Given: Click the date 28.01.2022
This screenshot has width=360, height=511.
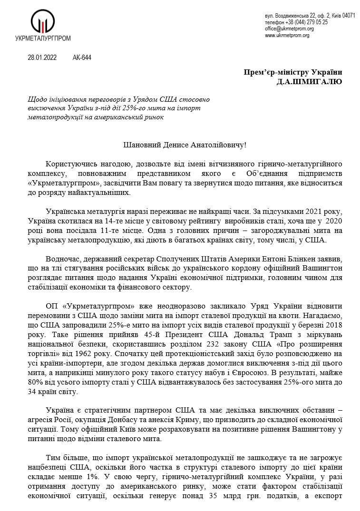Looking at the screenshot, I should (x=42, y=58).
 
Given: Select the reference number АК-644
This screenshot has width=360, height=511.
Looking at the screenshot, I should (x=82, y=58).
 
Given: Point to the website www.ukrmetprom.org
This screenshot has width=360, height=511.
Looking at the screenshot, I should (x=287, y=35).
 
